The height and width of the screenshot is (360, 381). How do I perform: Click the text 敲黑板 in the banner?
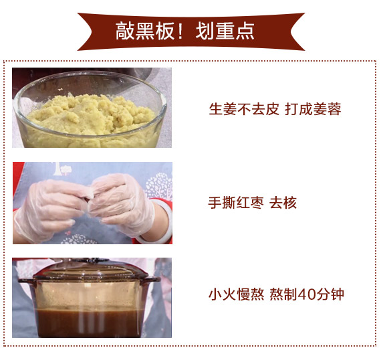click(145, 31)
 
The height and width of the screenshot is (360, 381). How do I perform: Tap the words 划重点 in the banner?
click(225, 31)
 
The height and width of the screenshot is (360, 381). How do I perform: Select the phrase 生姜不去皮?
click(244, 109)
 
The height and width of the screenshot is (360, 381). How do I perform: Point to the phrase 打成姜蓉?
click(313, 109)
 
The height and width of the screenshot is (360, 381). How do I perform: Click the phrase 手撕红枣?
click(236, 203)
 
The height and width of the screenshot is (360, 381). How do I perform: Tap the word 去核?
click(283, 203)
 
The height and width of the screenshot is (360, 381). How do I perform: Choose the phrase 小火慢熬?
click(236, 294)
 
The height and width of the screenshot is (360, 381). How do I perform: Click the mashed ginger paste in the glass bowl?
click(91, 114)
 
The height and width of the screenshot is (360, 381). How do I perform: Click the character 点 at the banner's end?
click(245, 31)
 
